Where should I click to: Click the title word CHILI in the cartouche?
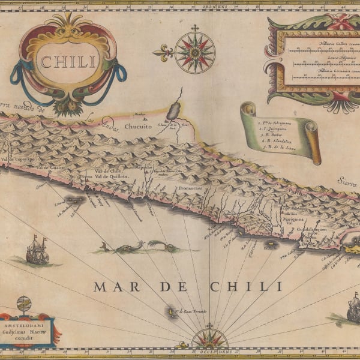(68, 61)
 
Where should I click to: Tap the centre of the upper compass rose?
(194, 52)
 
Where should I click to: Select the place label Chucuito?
(139, 127)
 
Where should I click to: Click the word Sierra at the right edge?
(346, 179)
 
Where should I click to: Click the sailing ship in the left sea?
(37, 250)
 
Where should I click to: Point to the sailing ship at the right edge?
(353, 309)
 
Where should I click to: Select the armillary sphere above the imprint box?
(24, 305)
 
